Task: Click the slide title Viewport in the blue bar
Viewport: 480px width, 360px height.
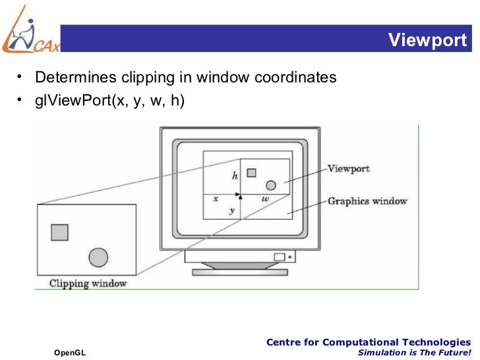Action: pos(427,41)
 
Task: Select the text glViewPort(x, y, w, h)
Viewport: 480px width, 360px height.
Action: pos(109,100)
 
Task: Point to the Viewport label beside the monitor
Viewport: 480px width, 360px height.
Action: pos(348,168)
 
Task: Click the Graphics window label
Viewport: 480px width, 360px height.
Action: pos(367,200)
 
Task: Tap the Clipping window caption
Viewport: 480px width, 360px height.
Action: pos(88,284)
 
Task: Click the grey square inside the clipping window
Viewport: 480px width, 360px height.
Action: pos(59,232)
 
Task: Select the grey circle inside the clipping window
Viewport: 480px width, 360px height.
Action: pos(98,256)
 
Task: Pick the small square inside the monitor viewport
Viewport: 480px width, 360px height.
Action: pos(251,173)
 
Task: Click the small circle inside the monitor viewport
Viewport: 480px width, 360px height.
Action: pos(270,185)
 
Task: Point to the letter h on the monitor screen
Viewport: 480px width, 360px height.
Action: pos(234,176)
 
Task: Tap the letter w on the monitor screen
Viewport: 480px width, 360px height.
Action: pos(265,198)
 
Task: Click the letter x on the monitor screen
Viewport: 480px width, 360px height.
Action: pos(215,198)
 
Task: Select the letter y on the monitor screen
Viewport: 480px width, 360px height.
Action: pos(231,210)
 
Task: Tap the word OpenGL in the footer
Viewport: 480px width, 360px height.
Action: pos(70,353)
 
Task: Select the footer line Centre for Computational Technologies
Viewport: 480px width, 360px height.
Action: pos(368,342)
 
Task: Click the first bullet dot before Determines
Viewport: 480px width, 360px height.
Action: pos(21,77)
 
